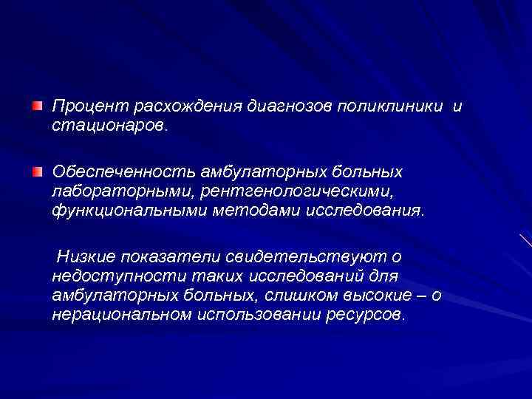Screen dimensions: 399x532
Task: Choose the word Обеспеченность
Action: (123, 171)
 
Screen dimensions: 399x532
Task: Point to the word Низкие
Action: (85, 256)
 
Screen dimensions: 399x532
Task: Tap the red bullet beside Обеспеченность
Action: (37, 171)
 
